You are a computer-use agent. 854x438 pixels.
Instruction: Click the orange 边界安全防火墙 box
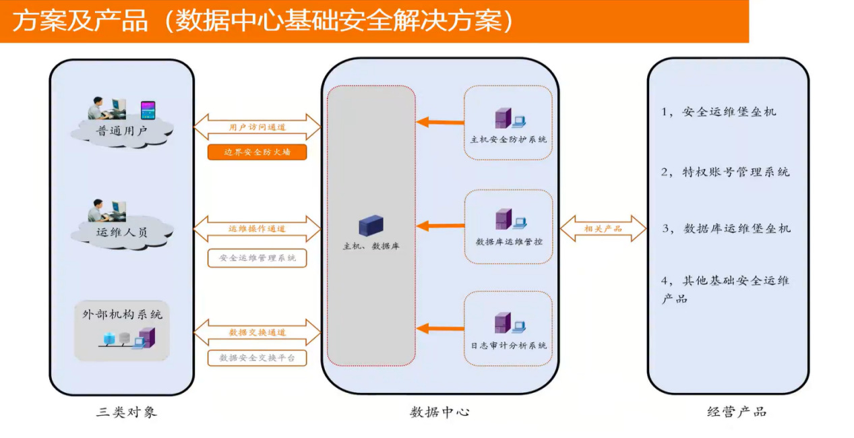coord(257,152)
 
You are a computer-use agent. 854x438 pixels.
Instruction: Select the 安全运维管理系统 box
coord(257,257)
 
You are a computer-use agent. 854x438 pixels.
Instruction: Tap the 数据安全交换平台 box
coord(257,358)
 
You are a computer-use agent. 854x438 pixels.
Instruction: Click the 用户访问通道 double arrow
coord(257,127)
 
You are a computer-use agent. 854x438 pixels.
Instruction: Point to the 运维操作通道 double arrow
coord(257,228)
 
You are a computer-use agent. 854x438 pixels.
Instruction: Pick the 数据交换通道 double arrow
coord(257,332)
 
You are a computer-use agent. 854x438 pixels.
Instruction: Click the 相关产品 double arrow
coord(603,228)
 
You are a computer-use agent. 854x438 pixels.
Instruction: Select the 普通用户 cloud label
coord(122,131)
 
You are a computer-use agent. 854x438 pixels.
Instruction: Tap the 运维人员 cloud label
coord(122,232)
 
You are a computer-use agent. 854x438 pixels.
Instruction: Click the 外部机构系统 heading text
coord(122,314)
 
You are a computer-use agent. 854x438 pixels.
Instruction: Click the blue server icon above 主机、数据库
coord(370,225)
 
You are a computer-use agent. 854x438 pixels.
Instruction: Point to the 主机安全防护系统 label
coord(508,139)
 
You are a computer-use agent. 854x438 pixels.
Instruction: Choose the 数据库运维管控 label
coord(508,241)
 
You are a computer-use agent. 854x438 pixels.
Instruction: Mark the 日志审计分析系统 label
coord(508,345)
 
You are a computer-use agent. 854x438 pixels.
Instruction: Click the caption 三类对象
coord(127,412)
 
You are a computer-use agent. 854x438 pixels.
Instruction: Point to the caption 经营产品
coord(737,412)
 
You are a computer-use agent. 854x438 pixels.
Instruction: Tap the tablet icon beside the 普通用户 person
coord(148,110)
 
